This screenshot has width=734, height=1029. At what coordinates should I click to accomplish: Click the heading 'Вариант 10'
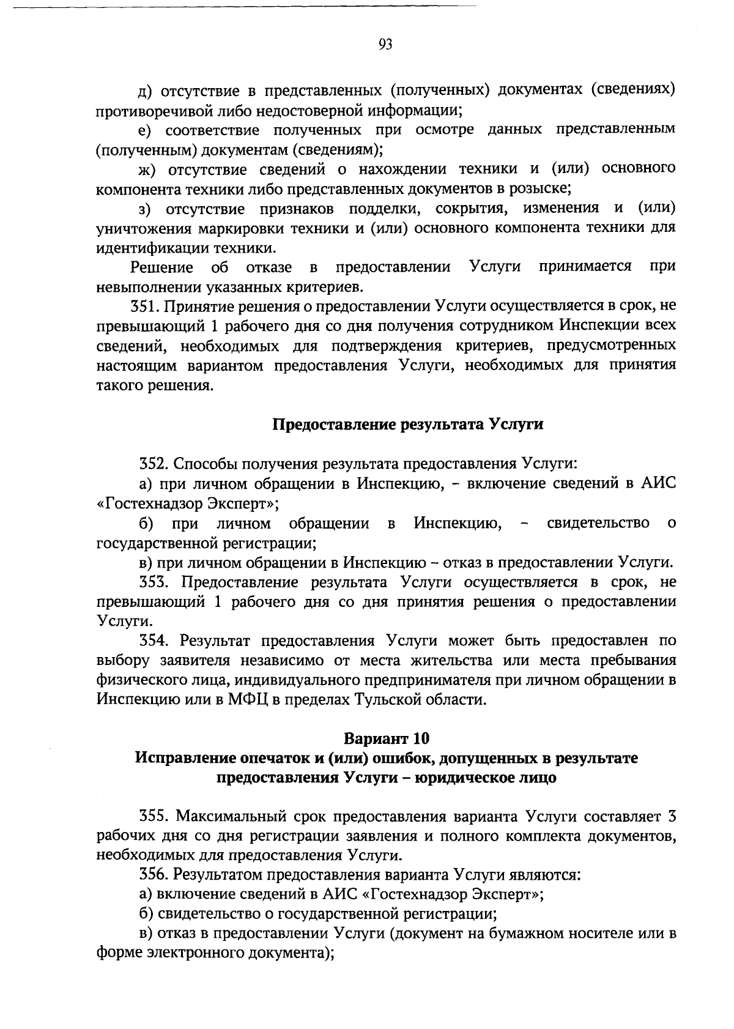pos(385,738)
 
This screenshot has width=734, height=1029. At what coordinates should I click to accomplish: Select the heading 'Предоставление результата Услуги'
pos(407,424)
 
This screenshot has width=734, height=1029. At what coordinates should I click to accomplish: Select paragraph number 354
pos(153,641)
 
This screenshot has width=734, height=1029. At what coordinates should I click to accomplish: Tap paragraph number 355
pos(153,816)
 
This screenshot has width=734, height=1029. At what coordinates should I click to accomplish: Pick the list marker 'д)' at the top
pos(146,91)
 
